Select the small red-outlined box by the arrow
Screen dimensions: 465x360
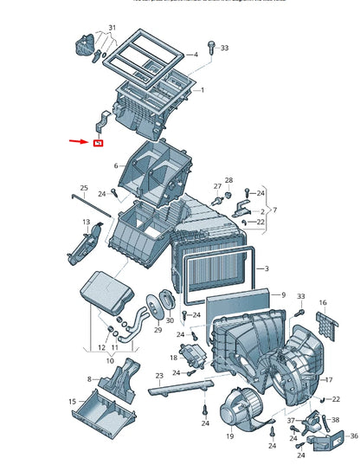(98, 142)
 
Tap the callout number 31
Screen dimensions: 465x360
(110, 28)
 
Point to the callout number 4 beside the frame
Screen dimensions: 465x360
(196, 55)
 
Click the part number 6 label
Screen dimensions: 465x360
(114, 165)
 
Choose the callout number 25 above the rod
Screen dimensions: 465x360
(84, 188)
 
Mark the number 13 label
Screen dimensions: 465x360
(86, 223)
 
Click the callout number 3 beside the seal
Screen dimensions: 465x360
(267, 269)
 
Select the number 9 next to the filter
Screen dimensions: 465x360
(281, 294)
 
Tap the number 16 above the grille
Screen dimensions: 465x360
(323, 303)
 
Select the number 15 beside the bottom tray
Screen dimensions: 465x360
(73, 402)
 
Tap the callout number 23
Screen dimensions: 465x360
(159, 376)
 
